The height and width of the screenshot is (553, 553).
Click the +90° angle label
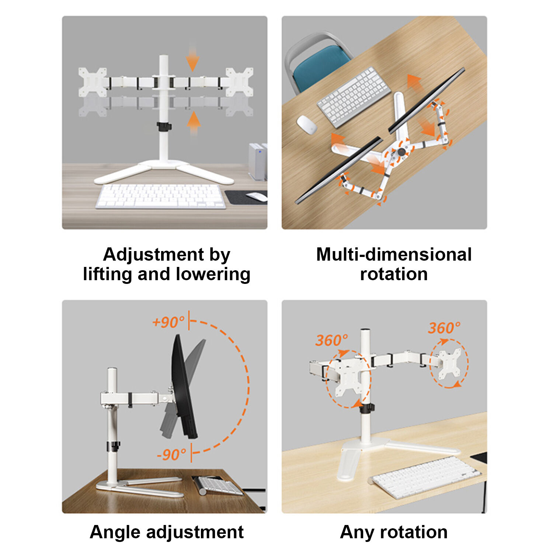pyautogui.click(x=168, y=322)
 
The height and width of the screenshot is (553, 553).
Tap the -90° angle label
pyautogui.click(x=171, y=454)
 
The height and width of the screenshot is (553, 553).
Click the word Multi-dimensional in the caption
pyautogui.click(x=394, y=254)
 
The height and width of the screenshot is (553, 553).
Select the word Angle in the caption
pyautogui.click(x=115, y=532)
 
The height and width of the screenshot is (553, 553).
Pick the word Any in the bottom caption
pyautogui.click(x=357, y=532)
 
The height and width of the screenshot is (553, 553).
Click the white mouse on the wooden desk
pyautogui.click(x=307, y=124)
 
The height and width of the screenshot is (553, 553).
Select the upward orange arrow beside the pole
pyautogui.click(x=194, y=123)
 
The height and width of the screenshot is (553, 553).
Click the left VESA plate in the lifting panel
pyautogui.click(x=93, y=82)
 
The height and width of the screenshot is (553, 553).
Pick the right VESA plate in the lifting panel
pyautogui.click(x=240, y=82)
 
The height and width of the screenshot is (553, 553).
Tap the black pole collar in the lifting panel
pyautogui.click(x=164, y=126)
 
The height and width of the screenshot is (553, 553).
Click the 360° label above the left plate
pyautogui.click(x=331, y=340)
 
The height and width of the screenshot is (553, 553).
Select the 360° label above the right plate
pyautogui.click(x=444, y=327)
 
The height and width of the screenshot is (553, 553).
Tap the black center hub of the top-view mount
pyautogui.click(x=401, y=152)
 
